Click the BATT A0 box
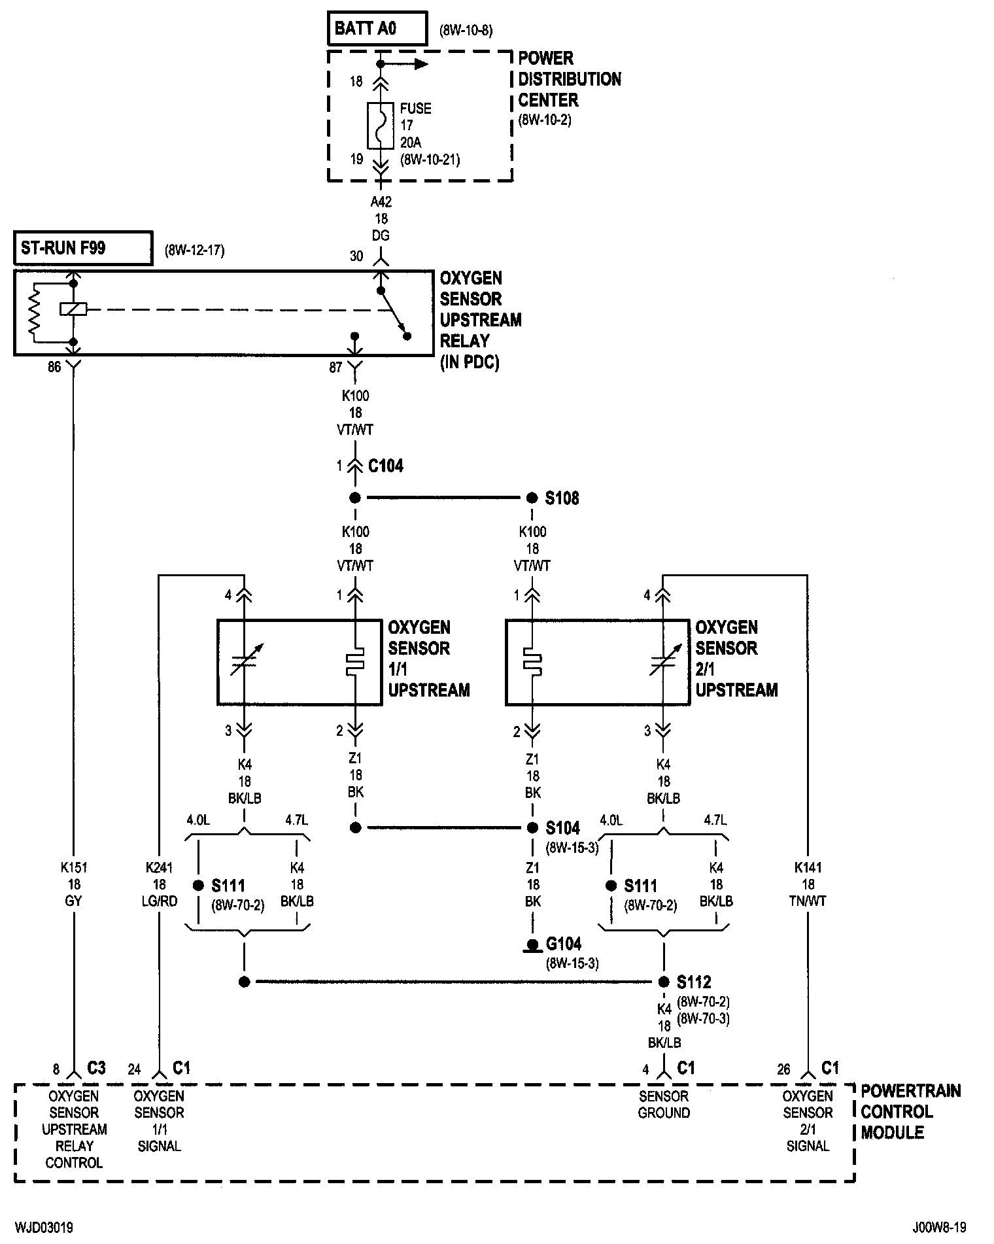pos(377,29)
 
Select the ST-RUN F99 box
pos(83,248)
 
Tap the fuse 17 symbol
pos(380,126)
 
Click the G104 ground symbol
pos(533,946)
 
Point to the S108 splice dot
pos(532,498)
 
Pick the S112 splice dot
pos(664,982)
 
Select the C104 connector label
pos(386,466)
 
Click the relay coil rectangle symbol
pos(73,309)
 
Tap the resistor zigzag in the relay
pos(34,313)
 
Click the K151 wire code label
pos(73,868)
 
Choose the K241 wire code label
pos(159,868)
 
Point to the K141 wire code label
pos(808,868)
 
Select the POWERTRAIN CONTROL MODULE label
pos(911,1112)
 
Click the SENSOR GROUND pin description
pos(664,1104)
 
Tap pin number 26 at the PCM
pos(783,1070)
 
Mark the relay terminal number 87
pos(335,368)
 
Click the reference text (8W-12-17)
pos(194,251)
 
